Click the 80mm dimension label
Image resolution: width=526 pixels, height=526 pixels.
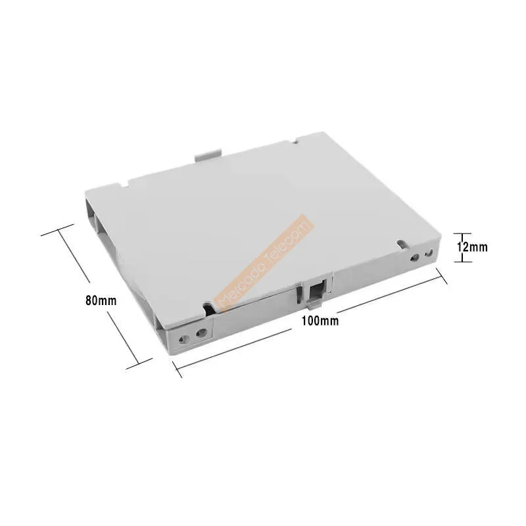click(x=101, y=300)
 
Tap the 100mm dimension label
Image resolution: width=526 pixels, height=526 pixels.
click(x=320, y=321)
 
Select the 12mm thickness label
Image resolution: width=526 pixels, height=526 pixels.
click(x=472, y=247)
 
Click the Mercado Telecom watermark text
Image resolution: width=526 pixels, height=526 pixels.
click(x=264, y=262)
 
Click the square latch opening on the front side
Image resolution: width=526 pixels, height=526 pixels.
click(x=316, y=291)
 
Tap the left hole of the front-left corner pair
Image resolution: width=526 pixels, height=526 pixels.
click(x=183, y=340)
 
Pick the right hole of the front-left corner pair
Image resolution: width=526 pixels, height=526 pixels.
click(x=201, y=333)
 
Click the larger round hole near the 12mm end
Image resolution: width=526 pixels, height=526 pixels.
click(x=415, y=258)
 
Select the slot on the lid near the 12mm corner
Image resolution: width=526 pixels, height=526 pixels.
click(x=402, y=244)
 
